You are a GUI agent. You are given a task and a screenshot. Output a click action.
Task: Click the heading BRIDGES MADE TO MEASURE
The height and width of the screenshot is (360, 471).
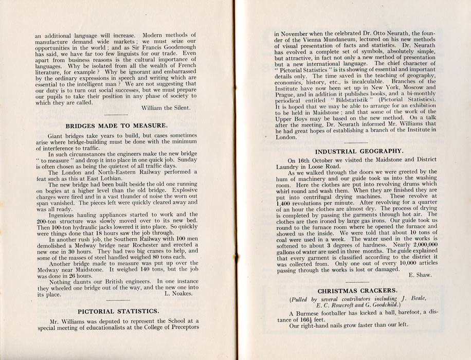pos(116,125)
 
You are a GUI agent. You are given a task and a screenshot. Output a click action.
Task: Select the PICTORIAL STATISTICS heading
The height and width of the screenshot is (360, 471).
pos(118,311)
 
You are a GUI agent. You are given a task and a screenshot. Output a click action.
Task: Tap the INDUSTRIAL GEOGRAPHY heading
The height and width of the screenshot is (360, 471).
pos(358,151)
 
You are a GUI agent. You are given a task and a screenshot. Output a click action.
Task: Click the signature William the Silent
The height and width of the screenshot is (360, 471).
pos(165,107)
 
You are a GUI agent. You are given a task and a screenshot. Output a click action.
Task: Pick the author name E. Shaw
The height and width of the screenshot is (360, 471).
pos(420,275)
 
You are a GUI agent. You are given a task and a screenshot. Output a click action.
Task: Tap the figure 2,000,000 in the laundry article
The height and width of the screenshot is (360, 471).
pos(415,246)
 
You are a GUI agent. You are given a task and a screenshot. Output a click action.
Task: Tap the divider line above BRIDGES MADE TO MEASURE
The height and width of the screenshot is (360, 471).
pos(116,115)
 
